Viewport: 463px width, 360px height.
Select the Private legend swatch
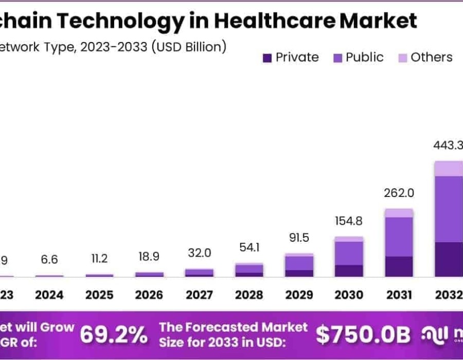[x=267, y=58]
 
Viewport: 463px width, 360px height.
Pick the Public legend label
[x=364, y=57]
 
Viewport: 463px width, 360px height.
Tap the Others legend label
[x=432, y=57]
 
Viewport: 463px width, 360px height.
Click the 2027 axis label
[x=199, y=295]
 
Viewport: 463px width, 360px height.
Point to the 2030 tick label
[x=349, y=295]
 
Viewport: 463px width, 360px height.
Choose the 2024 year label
[x=49, y=295]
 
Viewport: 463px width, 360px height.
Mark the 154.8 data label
[x=349, y=221]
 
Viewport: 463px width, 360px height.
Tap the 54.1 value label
[x=249, y=247]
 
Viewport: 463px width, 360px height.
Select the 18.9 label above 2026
[x=149, y=257]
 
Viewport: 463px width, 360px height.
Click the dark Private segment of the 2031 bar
[x=399, y=266]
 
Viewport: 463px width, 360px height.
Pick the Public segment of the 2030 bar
[x=349, y=253]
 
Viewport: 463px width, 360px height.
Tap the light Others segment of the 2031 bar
[x=399, y=213]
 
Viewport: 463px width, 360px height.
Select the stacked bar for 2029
[x=299, y=265]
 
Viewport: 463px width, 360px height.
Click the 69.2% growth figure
[x=114, y=335]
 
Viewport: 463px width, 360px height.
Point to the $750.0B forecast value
[x=363, y=335]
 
